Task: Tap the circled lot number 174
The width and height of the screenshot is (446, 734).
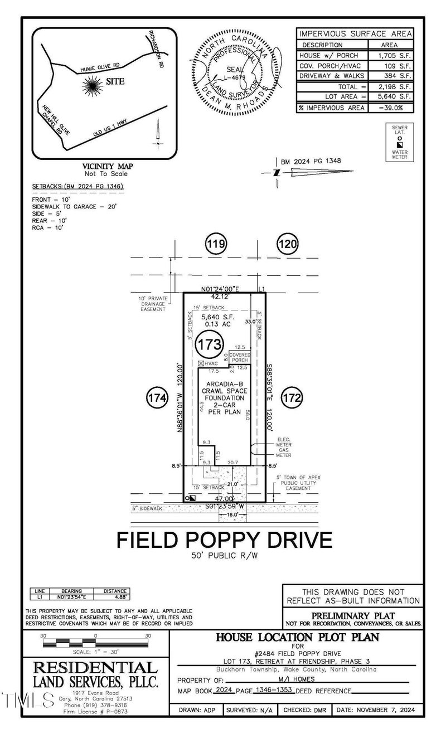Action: point(157,398)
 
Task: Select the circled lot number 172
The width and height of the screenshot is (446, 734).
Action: point(292,398)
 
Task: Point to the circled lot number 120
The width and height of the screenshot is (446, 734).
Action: point(288,244)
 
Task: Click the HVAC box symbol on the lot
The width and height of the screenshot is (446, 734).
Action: point(201,363)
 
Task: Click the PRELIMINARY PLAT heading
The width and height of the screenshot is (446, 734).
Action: point(352,616)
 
